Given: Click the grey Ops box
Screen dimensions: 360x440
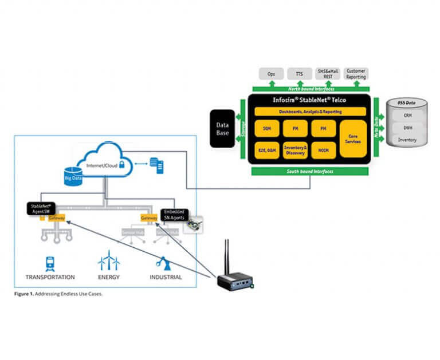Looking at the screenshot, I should [x=271, y=73].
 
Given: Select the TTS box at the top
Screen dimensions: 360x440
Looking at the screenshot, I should [x=299, y=73].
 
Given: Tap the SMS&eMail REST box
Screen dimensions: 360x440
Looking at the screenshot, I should [x=328, y=73].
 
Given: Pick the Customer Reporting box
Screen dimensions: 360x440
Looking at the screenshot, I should [x=356, y=73].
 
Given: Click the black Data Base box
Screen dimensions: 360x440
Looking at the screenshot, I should [x=222, y=128].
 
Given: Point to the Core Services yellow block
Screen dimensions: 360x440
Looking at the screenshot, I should [x=353, y=138].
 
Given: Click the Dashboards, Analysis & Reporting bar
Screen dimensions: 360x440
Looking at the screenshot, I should [x=309, y=111].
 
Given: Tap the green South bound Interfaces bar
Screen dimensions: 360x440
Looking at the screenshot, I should [x=309, y=171].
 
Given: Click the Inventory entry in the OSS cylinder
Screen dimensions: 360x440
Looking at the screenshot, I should [x=407, y=140].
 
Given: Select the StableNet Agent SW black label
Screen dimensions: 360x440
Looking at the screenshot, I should [x=42, y=208].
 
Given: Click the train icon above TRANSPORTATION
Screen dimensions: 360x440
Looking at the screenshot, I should [x=50, y=263].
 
